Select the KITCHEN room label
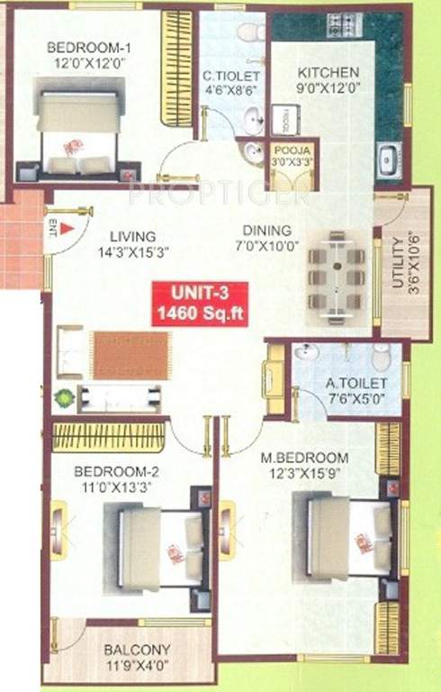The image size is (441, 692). pos(328,72)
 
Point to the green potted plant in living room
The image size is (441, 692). pos(64,396)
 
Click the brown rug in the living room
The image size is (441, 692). pos(130,354)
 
